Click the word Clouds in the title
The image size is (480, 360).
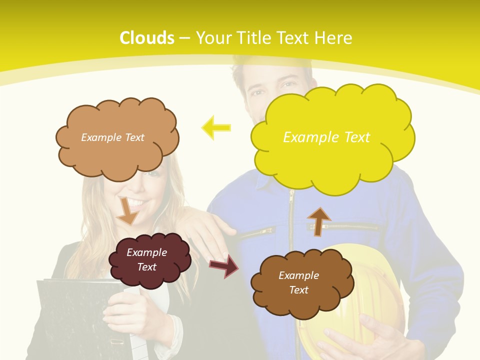click(147, 37)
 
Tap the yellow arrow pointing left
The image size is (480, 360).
click(216, 127)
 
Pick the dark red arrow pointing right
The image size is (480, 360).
click(224, 266)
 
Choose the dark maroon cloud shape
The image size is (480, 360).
click(149, 260)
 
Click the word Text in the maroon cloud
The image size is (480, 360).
click(147, 267)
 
